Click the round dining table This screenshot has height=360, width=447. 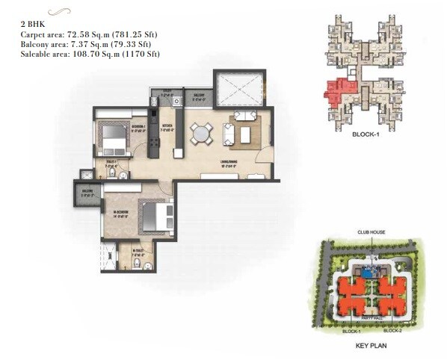click(200, 134)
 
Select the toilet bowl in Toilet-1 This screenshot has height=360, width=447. click(111, 173)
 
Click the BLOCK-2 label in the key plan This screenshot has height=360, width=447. click(394, 329)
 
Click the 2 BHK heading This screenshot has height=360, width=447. click(31, 25)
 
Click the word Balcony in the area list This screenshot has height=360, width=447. click(34, 45)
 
